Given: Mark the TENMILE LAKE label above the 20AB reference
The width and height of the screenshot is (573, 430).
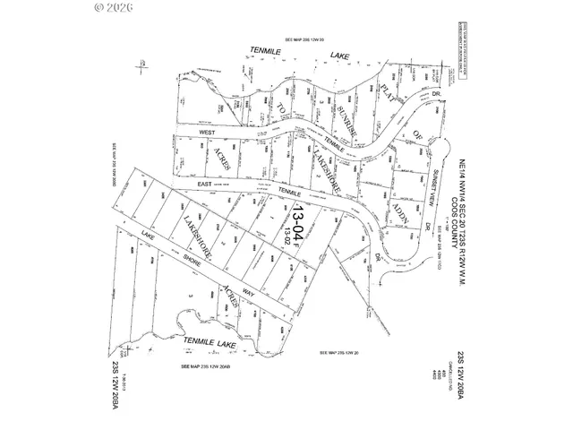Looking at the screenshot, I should (x=208, y=341).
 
